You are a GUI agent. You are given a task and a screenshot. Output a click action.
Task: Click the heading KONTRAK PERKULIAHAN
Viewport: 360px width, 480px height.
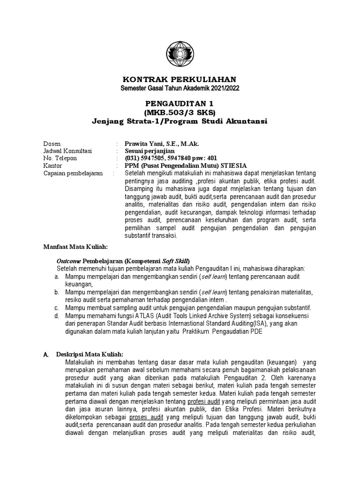coord(180,79)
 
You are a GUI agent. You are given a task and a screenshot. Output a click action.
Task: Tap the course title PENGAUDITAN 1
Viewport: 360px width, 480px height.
coord(180,104)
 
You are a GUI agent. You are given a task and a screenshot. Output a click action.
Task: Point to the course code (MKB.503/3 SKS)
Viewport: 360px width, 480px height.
coord(180,112)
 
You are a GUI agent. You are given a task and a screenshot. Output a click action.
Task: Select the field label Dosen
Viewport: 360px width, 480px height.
coord(52,143)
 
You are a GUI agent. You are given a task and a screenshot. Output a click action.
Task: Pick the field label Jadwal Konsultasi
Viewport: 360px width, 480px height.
coord(67,151)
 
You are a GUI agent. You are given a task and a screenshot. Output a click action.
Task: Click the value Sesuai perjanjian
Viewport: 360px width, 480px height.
coord(150,151)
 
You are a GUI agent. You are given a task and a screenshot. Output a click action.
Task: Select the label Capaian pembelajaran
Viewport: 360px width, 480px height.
coord(73,173)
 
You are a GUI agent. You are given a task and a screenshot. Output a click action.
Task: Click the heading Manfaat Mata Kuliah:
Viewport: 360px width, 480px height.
coord(75,247)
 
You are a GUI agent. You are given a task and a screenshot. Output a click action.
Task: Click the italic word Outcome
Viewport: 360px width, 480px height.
coord(68,261)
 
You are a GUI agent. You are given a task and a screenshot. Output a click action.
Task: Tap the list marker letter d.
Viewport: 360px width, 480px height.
coord(56,316)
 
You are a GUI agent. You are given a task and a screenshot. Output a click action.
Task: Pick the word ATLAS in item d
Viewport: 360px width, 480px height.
coord(147,316)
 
